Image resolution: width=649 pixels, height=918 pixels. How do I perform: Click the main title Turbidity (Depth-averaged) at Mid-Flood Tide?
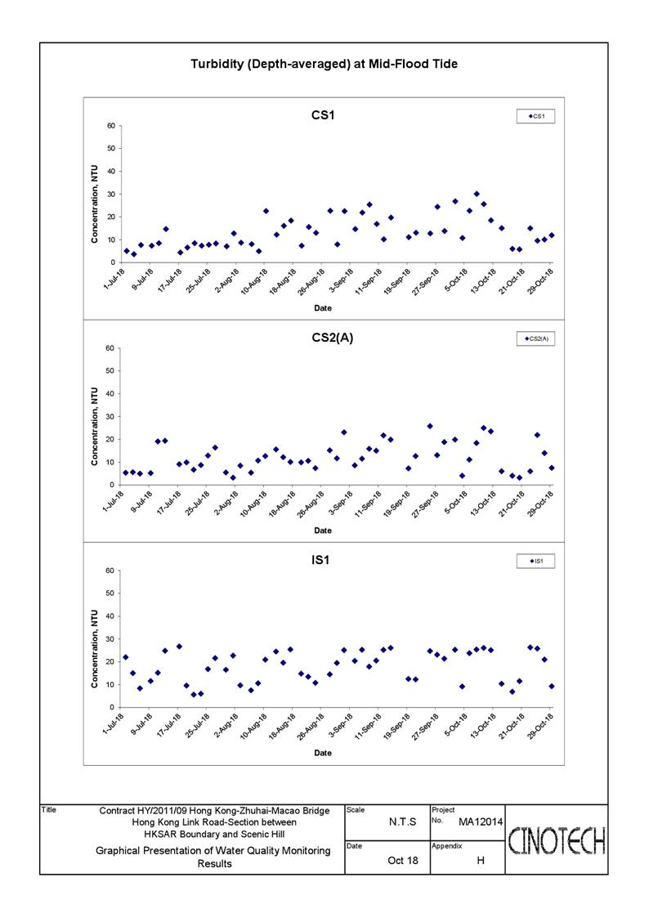[324, 65]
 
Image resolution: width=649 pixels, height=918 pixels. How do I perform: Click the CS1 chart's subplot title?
[323, 115]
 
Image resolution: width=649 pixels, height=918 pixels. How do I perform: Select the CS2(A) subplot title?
[333, 338]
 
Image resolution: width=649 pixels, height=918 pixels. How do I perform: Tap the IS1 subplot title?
[320, 560]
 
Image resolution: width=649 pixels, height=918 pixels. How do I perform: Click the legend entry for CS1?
[535, 117]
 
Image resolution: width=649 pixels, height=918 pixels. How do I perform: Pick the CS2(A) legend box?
[535, 339]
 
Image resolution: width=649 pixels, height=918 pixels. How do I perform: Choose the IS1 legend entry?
[535, 562]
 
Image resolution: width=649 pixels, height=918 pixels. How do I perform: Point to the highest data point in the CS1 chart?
[477, 194]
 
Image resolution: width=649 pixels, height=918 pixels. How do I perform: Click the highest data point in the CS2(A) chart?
[430, 426]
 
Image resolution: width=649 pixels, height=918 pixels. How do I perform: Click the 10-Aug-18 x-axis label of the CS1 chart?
[254, 281]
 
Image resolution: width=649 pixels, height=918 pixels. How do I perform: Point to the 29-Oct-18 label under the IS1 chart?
[541, 726]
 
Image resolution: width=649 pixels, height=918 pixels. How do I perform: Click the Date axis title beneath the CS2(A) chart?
[323, 531]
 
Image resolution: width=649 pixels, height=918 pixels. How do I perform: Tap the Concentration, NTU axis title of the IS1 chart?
[94, 649]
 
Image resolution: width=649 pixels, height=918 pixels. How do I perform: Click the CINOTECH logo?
[557, 841]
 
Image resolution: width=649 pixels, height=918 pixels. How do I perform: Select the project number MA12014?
[481, 822]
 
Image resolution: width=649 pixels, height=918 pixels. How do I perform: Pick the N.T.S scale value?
[403, 822]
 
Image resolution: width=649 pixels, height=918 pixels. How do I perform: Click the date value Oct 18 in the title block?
[403, 861]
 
